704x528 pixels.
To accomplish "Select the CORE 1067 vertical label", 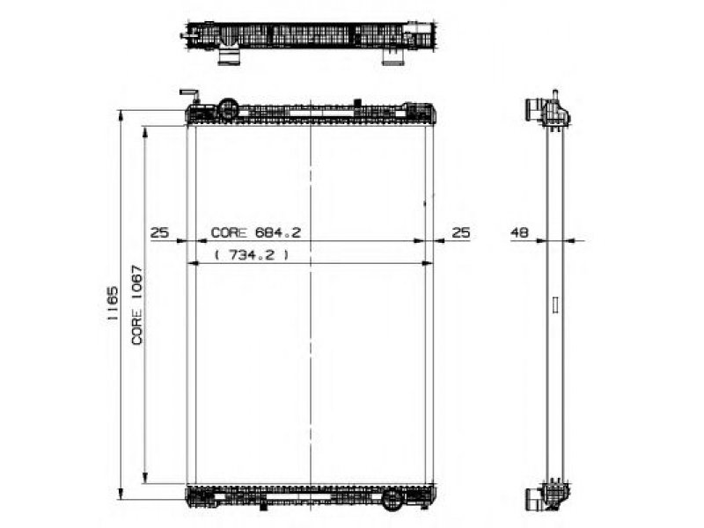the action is click(137, 305).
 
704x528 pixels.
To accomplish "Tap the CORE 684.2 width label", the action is click(255, 232).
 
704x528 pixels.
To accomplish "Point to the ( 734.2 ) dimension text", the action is click(252, 255).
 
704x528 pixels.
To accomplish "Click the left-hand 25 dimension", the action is click(159, 232).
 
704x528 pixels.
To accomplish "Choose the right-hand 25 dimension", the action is click(460, 232).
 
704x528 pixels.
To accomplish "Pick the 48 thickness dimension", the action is click(519, 232).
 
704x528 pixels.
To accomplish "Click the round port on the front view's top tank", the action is click(228, 108).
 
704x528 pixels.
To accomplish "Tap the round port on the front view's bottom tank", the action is click(392, 499).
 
